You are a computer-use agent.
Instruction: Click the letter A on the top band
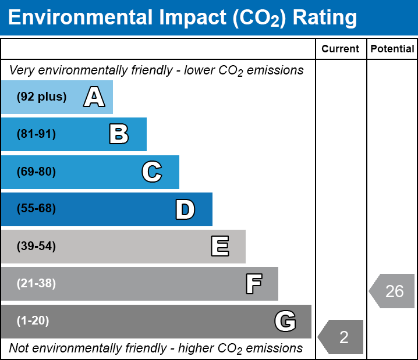(94, 97)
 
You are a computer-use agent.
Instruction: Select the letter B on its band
(119, 134)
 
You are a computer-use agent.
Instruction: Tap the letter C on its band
(152, 172)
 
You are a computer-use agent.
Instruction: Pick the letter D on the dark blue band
(185, 209)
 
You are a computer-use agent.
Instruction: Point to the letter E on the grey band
(219, 247)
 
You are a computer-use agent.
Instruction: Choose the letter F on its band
(253, 284)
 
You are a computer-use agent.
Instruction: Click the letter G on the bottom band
(285, 321)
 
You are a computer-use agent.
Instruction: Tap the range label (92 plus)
(41, 97)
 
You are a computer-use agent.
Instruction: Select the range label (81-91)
(36, 134)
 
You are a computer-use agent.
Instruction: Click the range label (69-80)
(36, 172)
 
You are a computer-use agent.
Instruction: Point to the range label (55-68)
(36, 209)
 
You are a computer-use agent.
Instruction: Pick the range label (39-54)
(36, 247)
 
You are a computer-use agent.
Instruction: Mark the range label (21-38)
(36, 284)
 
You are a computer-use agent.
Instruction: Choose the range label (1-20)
(33, 321)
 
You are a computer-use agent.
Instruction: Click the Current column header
(341, 49)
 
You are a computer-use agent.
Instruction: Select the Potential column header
(392, 49)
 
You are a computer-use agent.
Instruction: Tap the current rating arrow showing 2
(342, 337)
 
